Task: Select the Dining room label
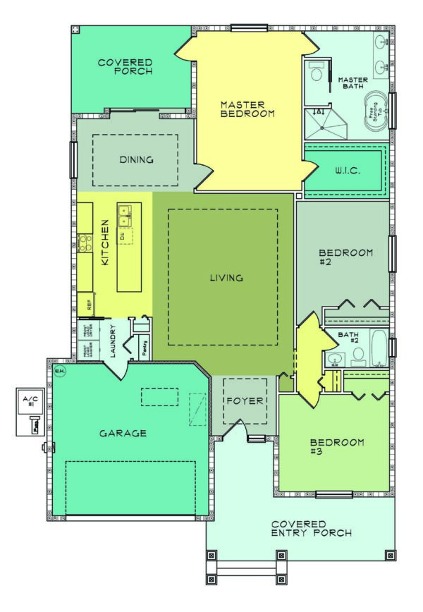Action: (x=136, y=159)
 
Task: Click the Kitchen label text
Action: (x=106, y=250)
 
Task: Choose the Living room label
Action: (x=226, y=278)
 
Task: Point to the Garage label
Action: (x=123, y=433)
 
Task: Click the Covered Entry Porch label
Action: (x=312, y=529)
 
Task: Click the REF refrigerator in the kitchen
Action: (x=89, y=305)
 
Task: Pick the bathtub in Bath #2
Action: (x=378, y=347)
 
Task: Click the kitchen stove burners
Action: (x=85, y=244)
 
